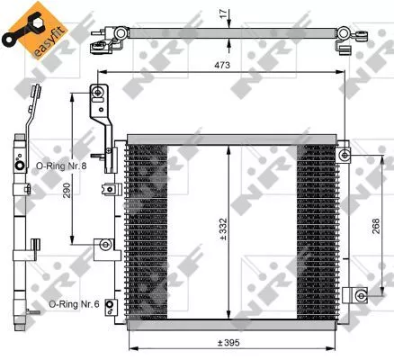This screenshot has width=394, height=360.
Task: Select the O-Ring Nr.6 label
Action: point(75,303)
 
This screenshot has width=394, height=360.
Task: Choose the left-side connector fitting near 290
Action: point(105,244)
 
